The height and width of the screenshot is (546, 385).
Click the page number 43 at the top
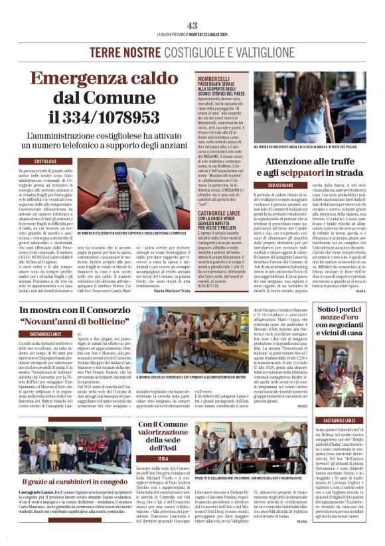(192, 25)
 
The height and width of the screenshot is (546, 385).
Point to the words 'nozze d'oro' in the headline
(343, 319)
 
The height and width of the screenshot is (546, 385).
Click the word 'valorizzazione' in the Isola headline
(163, 432)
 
